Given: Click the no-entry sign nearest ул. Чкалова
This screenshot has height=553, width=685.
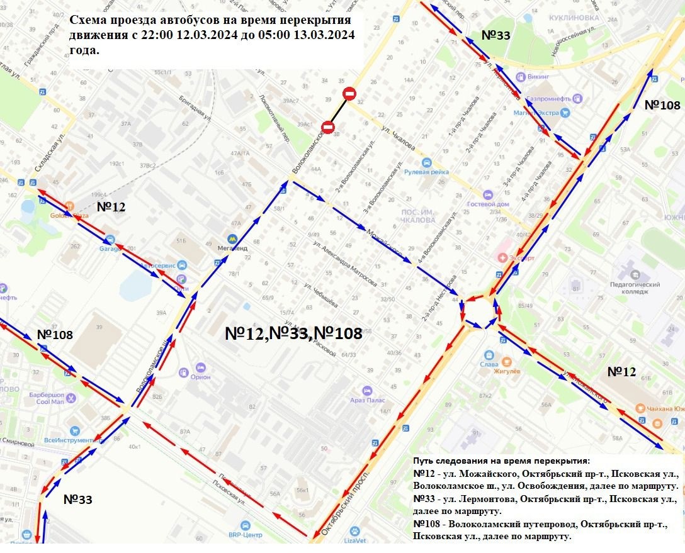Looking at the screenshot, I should click(349, 94).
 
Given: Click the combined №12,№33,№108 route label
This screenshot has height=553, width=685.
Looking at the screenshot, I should click(293, 333).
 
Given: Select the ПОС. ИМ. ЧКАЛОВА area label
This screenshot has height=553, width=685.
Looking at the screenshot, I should click(419, 216).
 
